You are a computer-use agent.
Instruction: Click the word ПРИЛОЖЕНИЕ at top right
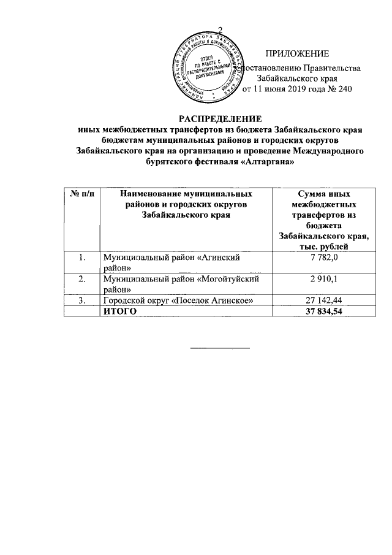pos(297,55)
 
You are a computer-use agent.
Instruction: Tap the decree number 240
pos(344,90)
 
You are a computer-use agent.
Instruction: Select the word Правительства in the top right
pos(331,68)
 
